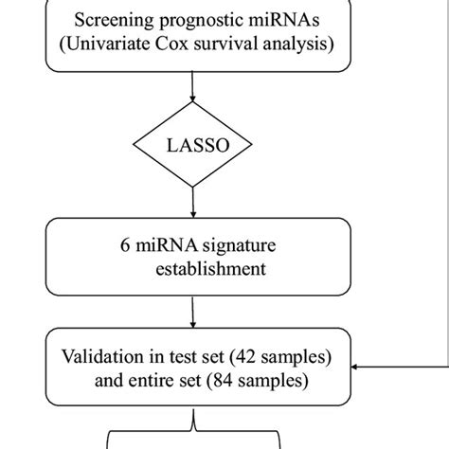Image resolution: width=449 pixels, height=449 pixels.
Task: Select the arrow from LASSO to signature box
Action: pos(193,201)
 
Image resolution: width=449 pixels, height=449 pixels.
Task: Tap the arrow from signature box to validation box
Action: pos(193,313)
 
